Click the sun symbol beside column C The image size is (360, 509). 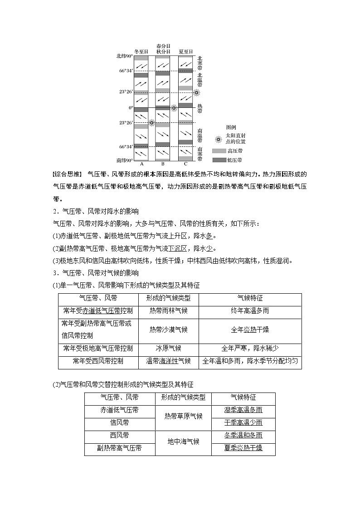[196, 92]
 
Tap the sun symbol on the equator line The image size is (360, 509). [174, 108]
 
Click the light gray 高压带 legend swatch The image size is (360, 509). [219, 151]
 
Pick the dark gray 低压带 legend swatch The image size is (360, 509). [219, 160]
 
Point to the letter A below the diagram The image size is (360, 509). [141, 164]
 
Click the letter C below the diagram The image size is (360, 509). [185, 164]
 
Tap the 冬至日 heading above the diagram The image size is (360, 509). [141, 52]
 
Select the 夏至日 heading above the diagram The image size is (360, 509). [185, 52]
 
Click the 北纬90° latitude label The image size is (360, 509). [125, 56]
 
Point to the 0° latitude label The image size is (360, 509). [131, 108]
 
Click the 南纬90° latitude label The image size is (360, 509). [125, 160]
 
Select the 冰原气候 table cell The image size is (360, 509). [162, 348]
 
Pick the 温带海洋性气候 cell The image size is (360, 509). [162, 361]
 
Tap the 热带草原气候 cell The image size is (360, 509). [183, 416]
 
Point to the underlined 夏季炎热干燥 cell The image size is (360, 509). [243, 448]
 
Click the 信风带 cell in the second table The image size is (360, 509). [119, 422]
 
